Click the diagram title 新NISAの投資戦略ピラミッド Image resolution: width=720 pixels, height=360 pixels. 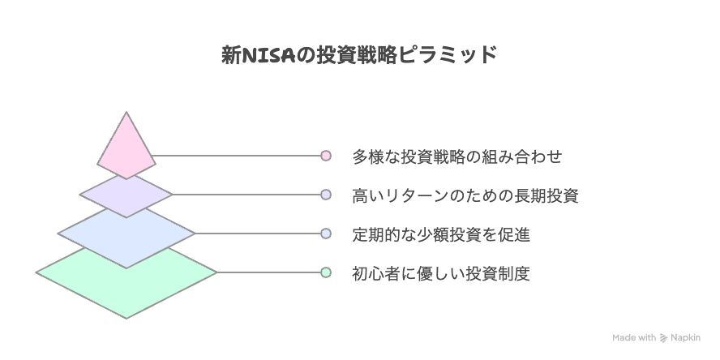coord(359,54)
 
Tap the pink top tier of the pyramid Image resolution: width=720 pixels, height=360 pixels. coord(126,147)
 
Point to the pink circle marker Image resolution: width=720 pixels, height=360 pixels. coord(326,156)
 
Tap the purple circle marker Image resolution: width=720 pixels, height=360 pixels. coord(326,195)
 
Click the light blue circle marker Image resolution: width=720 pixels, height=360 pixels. coord(326,234)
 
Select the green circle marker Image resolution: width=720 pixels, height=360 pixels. coord(326,272)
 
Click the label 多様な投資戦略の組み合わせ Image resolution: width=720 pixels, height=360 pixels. coord(456,156)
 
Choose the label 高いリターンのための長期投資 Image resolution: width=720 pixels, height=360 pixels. coord(465,195)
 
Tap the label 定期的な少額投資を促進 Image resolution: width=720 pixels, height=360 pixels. coord(441,234)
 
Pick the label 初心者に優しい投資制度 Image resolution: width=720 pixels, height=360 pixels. coord(441,274)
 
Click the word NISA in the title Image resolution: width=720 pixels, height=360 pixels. coord(268,55)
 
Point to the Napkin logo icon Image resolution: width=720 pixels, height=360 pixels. coord(663,338)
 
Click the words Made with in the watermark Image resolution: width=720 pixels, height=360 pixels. coord(634,338)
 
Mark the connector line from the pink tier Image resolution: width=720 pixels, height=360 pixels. coord(237,156)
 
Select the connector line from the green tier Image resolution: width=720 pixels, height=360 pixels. coord(268,272)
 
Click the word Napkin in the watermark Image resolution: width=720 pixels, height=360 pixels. coord(686,338)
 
